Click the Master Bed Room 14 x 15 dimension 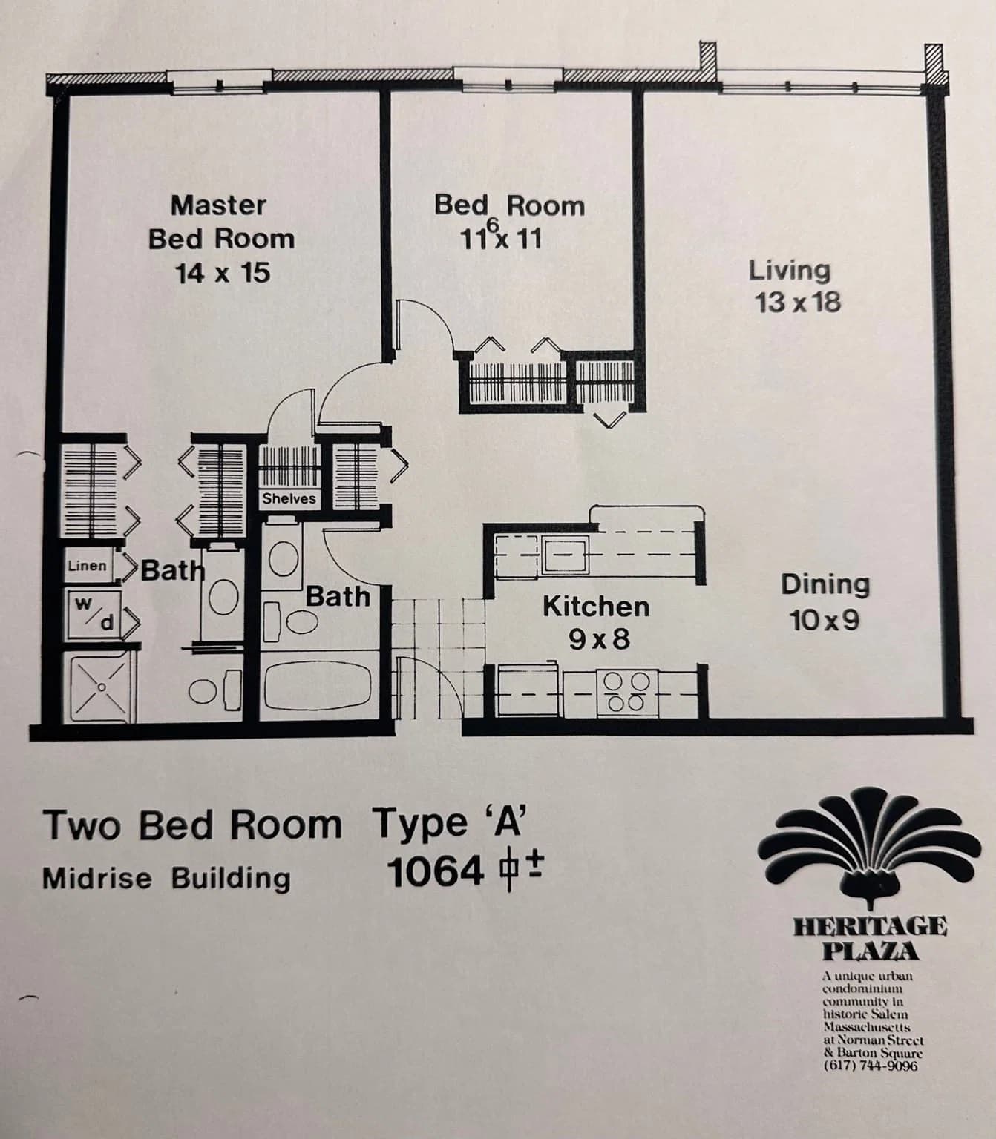(x=223, y=274)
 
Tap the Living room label (x=790, y=271)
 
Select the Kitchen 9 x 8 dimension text (x=600, y=639)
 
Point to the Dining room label (x=825, y=585)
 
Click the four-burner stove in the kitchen (x=627, y=692)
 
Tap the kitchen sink (x=566, y=555)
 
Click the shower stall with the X (x=101, y=687)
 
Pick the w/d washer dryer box (x=93, y=615)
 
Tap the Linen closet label (x=87, y=566)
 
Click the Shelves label (x=289, y=498)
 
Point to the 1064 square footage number (x=435, y=872)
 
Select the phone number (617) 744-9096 (x=870, y=1066)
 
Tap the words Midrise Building (x=166, y=879)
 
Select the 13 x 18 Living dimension (x=798, y=303)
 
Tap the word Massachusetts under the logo (x=866, y=1026)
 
